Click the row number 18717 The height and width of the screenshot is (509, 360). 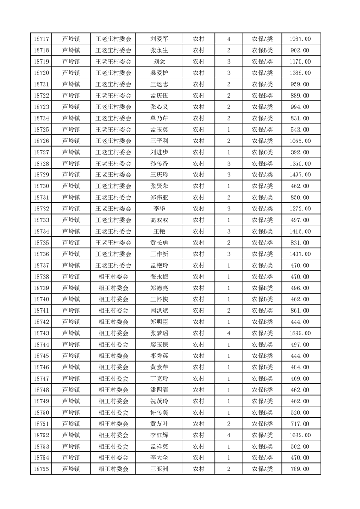pyautogui.click(x=42, y=39)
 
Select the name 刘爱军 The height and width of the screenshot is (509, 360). pyautogui.click(x=159, y=39)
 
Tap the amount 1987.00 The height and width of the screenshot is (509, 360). pyautogui.click(x=300, y=39)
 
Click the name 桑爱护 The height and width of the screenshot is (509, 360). pyautogui.click(x=159, y=73)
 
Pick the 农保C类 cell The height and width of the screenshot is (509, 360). pyautogui.click(x=262, y=152)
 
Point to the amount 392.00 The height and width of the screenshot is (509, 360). pyautogui.click(x=300, y=152)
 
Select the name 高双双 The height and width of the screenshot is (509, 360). pyautogui.click(x=159, y=220)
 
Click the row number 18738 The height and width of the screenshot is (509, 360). pyautogui.click(x=42, y=277)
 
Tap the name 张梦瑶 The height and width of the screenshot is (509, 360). pyautogui.click(x=159, y=333)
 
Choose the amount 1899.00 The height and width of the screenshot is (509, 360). pyautogui.click(x=300, y=333)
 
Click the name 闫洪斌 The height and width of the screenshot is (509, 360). pyautogui.click(x=159, y=311)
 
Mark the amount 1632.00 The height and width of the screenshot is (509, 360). pyautogui.click(x=300, y=435)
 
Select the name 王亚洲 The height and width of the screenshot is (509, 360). pyautogui.click(x=159, y=469)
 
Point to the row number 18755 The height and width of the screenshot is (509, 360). pyautogui.click(x=42, y=469)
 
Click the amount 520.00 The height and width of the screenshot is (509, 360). pyautogui.click(x=300, y=412)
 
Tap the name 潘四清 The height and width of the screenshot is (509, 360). pyautogui.click(x=159, y=390)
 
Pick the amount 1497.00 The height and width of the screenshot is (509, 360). pyautogui.click(x=300, y=175)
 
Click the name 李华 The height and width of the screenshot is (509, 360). pyautogui.click(x=159, y=209)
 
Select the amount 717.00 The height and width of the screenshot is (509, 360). pyautogui.click(x=300, y=424)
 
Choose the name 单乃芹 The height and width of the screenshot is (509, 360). pyautogui.click(x=159, y=118)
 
